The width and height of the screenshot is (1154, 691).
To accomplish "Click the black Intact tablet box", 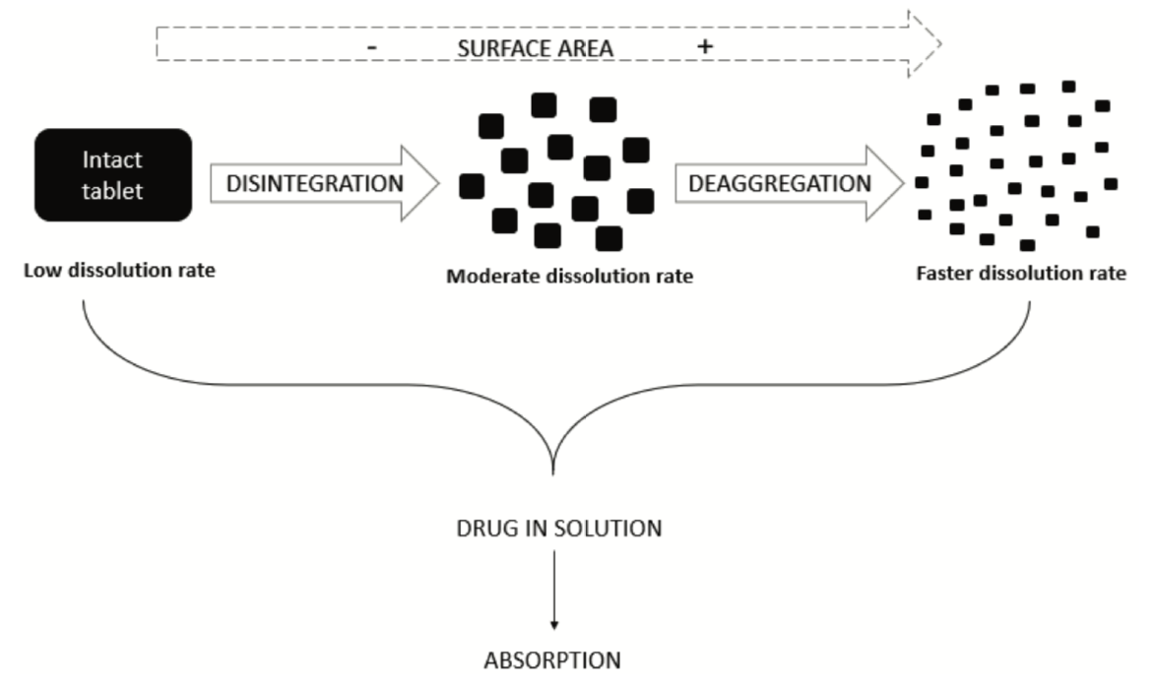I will point(112,174).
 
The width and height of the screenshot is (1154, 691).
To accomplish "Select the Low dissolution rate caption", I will point(119,270).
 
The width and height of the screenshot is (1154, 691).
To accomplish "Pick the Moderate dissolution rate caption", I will point(569,277).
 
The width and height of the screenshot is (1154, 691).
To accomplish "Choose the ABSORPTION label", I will point(552,660).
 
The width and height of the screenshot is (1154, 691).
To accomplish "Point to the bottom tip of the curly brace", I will point(554,475).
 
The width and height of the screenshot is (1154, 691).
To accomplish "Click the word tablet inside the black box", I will point(112,190).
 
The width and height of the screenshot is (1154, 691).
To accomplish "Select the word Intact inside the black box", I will point(112,159).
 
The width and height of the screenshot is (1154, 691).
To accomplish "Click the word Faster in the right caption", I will point(944,274).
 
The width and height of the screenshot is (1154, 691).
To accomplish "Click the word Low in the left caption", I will point(41,270).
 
